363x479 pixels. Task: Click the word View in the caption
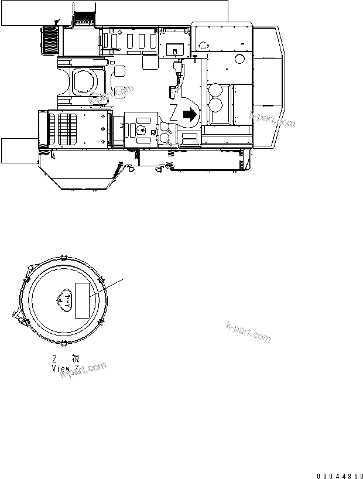coord(61,368)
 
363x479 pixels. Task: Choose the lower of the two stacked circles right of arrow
coord(215,106)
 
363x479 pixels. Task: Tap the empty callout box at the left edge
coord(18,149)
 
